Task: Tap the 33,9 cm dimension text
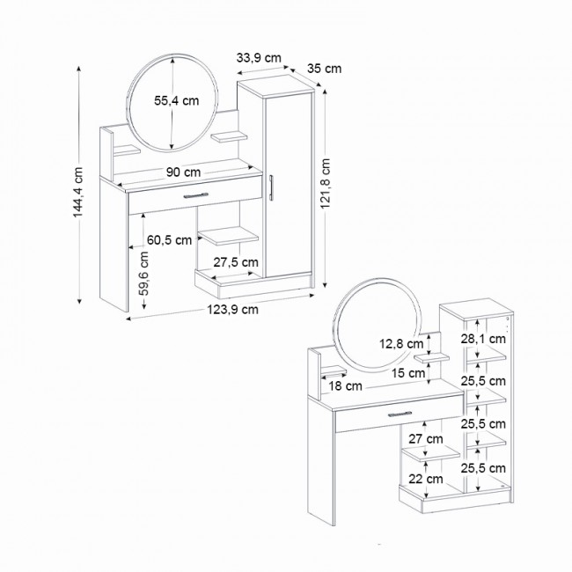259,58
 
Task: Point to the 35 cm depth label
325,69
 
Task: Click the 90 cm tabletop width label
183,172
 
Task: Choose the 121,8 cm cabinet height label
326,187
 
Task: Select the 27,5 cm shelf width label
237,262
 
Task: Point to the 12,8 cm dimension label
401,343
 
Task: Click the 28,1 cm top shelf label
484,339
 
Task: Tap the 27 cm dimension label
427,437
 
